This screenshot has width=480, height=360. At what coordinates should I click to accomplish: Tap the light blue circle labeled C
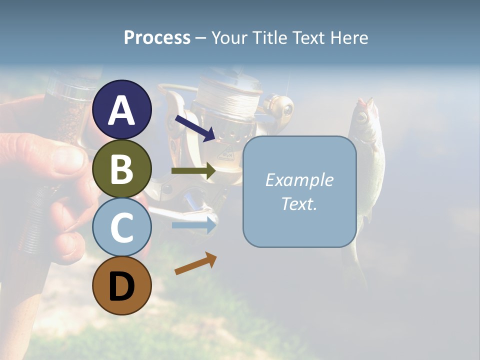tap(122, 227)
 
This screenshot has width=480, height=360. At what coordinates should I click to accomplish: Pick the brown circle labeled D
tap(122, 285)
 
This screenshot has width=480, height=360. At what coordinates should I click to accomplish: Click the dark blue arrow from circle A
tap(195, 128)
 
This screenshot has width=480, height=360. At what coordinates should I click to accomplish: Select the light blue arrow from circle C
tap(194, 225)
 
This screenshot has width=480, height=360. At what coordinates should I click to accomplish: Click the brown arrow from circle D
tap(195, 263)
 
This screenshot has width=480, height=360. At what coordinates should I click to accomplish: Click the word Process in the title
tap(157, 37)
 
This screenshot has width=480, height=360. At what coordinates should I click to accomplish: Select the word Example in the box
tap(299, 180)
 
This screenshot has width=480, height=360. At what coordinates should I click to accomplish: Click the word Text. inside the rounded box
tap(299, 203)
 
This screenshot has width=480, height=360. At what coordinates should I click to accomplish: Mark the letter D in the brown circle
tap(122, 286)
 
